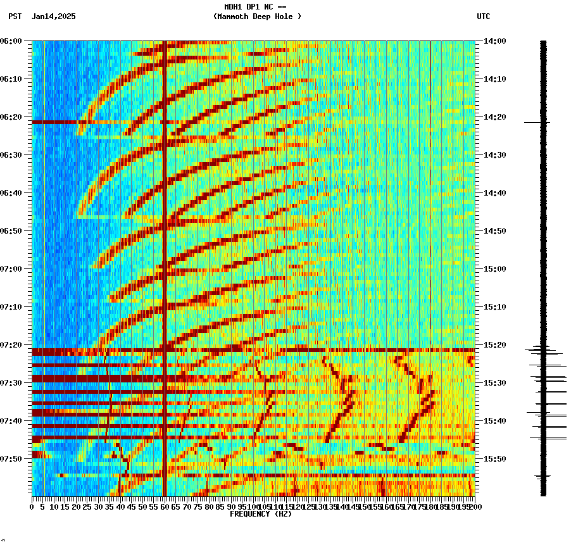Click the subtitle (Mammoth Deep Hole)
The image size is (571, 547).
(x=257, y=16)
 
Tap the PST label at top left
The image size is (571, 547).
(x=15, y=16)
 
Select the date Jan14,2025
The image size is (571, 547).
(x=53, y=16)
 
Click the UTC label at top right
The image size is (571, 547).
(x=483, y=16)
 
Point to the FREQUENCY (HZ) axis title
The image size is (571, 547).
(x=260, y=514)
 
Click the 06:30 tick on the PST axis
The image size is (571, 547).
(x=11, y=155)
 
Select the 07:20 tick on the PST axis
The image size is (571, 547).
(x=11, y=345)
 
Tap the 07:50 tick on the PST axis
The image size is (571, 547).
(x=11, y=459)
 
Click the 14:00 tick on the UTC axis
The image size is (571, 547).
(x=495, y=41)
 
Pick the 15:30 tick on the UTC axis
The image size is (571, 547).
(x=495, y=383)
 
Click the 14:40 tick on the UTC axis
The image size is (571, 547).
(x=495, y=193)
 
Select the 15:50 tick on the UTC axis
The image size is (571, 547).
(x=495, y=459)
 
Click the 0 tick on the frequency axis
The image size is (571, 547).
(x=32, y=507)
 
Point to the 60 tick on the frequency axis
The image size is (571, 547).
(x=164, y=507)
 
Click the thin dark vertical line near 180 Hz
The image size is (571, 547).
(x=430, y=190)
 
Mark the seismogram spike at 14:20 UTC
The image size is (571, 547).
(x=537, y=122)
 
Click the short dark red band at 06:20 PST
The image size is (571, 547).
(x=57, y=122)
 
